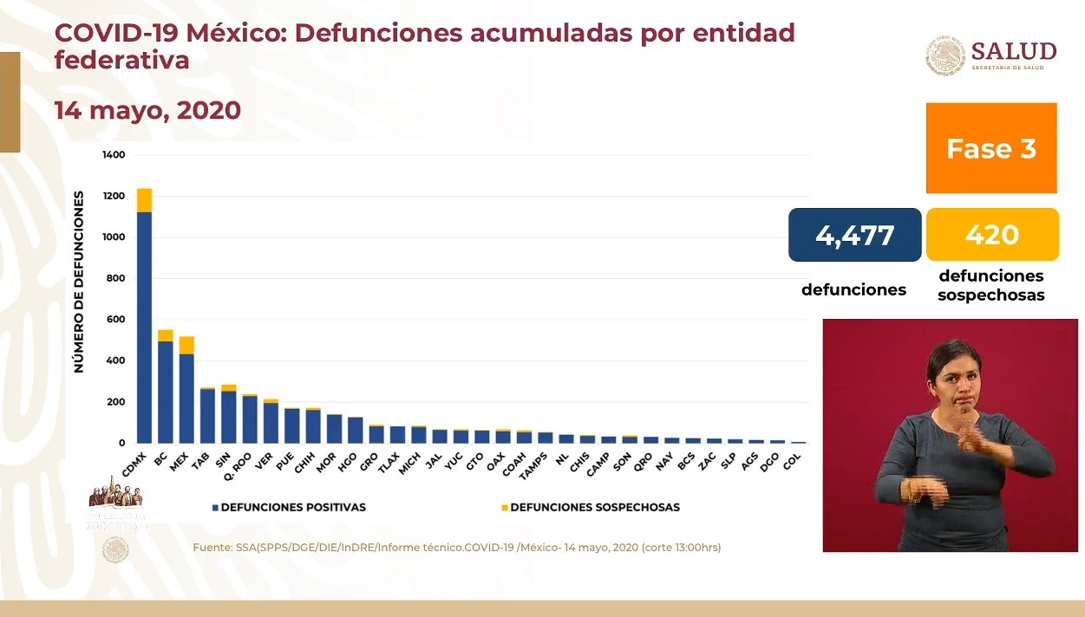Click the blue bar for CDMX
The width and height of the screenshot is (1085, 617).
[x=144, y=329]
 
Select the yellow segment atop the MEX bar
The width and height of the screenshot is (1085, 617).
[x=186, y=345]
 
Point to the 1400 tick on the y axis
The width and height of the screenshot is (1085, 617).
[x=114, y=155]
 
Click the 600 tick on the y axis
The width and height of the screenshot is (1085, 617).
[x=117, y=320]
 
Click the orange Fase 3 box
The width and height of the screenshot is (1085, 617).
[x=991, y=148]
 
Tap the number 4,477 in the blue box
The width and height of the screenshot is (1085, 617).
[x=854, y=235]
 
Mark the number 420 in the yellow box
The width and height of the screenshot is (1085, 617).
[x=992, y=235]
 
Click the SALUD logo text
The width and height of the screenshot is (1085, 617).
[x=1013, y=51]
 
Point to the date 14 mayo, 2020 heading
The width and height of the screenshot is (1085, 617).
[x=147, y=111]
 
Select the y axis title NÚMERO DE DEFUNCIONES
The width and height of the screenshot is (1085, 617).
[x=79, y=282]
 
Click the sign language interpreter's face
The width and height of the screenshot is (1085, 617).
[x=951, y=373]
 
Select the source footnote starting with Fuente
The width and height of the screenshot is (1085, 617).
[x=457, y=548]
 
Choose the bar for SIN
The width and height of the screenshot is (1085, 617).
[x=228, y=416]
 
